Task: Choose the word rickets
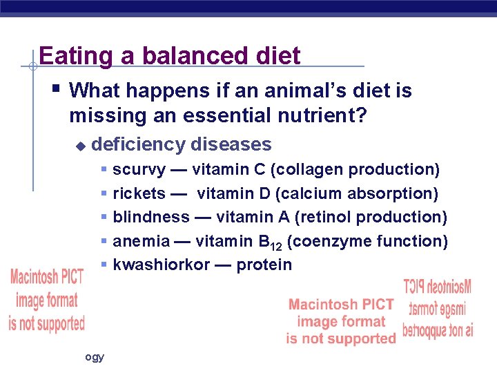pyautogui.click(x=139, y=193)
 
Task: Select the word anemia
pyautogui.click(x=141, y=241)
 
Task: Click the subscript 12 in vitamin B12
pyautogui.click(x=276, y=245)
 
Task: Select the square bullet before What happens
pyautogui.click(x=57, y=88)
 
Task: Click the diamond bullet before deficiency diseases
pyautogui.click(x=80, y=146)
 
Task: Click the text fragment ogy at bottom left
pyautogui.click(x=95, y=357)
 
